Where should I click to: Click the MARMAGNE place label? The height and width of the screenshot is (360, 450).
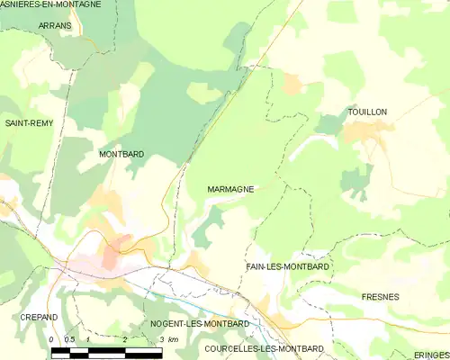click(230, 190)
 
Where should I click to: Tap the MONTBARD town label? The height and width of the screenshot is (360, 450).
click(121, 155)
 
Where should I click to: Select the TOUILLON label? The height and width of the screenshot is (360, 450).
click(367, 112)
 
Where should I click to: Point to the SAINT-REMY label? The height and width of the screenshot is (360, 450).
click(26, 122)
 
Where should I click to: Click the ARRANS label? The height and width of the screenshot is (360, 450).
click(56, 27)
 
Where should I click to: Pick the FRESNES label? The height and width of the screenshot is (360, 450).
click(380, 296)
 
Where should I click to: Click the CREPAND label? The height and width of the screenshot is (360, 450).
click(39, 318)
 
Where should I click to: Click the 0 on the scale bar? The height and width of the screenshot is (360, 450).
click(52, 339)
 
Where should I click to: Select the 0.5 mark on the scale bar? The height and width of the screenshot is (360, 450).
click(70, 339)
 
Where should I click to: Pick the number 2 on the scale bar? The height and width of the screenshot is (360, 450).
click(124, 339)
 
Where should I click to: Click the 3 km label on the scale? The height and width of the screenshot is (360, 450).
click(166, 339)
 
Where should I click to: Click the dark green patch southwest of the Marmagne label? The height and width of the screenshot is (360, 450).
click(209, 225)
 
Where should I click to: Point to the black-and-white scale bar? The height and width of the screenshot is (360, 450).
click(106, 350)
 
